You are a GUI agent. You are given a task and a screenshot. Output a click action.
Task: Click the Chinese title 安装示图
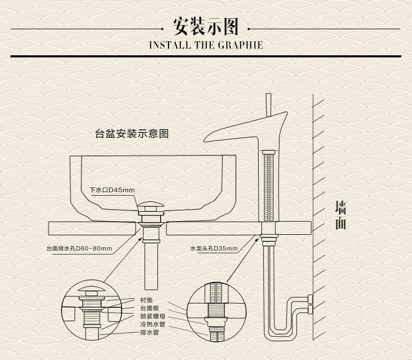(x=205, y=26)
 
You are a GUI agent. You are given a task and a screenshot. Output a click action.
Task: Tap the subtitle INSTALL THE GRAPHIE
(x=205, y=45)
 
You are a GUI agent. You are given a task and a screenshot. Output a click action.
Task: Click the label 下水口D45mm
(x=112, y=189)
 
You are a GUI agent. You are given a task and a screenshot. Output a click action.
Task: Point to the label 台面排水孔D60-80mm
(x=79, y=249)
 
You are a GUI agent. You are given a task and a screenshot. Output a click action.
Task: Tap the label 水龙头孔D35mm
(x=214, y=249)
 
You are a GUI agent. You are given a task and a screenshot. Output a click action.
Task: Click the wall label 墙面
(x=340, y=215)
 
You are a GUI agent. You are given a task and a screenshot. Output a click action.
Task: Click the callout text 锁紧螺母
(x=152, y=316)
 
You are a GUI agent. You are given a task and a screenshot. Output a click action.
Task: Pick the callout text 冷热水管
(x=152, y=324)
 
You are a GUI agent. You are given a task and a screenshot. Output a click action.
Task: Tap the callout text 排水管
(x=149, y=332)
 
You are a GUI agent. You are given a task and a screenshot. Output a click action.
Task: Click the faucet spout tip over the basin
(x=208, y=138)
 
